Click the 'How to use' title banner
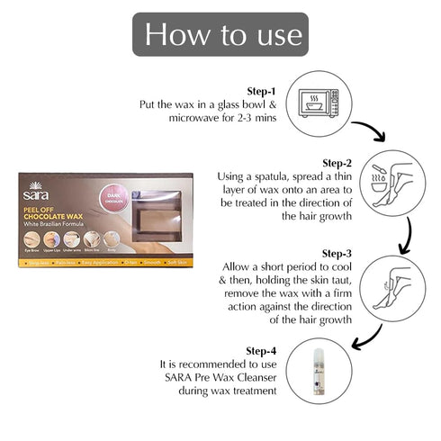point(220,35)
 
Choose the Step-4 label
point(263,349)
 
